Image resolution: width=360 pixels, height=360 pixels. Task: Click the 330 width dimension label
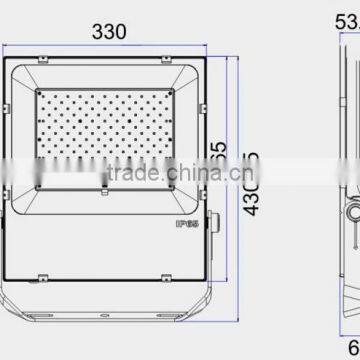pos(110,31)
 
